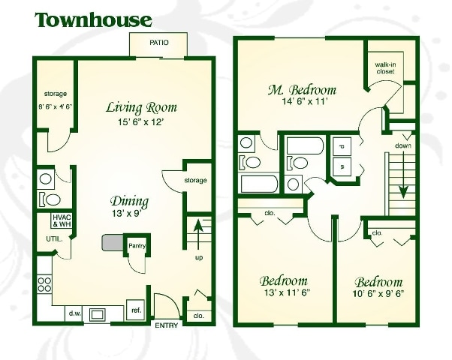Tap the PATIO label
pos(158,43)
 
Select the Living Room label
pos(134,107)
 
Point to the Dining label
pos(129,201)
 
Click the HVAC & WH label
pos(61,220)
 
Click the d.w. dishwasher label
pos(75,313)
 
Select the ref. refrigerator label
pos(137,310)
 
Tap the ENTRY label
pos(165,325)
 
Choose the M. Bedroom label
pos(302,91)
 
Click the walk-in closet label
pos(385,70)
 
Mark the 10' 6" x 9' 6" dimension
pos(379,294)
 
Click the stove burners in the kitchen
pos(44,284)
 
